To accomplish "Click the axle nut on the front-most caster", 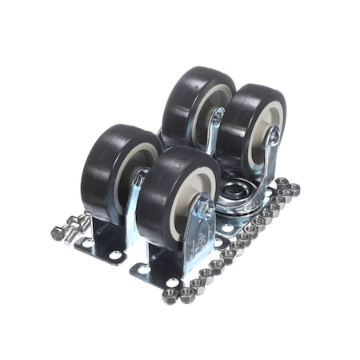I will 204,210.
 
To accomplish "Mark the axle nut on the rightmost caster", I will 274,138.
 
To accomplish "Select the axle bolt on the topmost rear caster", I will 217,117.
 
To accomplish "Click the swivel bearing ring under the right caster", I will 240,194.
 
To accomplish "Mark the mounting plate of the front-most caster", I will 160,276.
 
